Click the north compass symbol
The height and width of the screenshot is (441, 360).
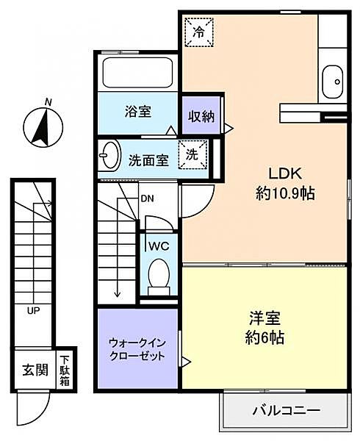coord(43,123)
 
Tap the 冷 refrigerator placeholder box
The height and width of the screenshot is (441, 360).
coord(198,32)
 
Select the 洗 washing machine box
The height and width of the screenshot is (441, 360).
coord(192,156)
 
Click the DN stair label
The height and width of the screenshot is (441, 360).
coord(147,198)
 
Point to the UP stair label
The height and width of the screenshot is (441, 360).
coord(33,311)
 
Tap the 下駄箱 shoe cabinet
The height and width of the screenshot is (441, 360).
coord(66,367)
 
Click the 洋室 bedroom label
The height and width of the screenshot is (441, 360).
coord(265,320)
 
